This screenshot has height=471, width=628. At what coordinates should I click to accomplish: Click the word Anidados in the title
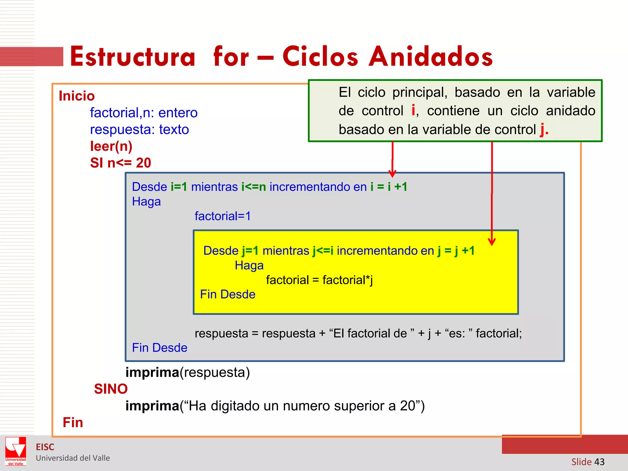point(431,57)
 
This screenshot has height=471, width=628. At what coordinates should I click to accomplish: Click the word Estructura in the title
point(132,57)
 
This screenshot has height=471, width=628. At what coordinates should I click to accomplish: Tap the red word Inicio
point(77,96)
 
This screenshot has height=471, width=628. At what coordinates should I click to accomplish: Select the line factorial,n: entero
point(144,113)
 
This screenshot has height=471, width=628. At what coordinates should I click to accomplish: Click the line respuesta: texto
point(139,129)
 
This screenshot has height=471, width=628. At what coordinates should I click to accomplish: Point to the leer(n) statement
point(111,146)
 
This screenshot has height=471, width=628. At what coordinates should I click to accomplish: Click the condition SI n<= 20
point(121,163)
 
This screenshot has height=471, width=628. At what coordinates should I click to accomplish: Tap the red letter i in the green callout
point(413,110)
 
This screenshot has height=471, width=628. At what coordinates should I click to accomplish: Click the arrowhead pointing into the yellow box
point(492,242)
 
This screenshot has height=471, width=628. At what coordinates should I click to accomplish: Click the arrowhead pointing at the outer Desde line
point(392,174)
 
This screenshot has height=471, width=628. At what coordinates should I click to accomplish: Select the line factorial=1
point(223,216)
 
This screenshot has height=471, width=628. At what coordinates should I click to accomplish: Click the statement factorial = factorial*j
point(319,280)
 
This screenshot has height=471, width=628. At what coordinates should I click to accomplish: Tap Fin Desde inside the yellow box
point(228,294)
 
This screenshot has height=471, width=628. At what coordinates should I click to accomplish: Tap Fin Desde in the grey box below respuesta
point(159,348)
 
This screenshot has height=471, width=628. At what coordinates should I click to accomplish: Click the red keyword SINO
point(111,389)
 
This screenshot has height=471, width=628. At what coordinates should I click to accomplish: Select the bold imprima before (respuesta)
point(152,373)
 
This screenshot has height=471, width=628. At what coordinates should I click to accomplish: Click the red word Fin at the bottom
point(73,423)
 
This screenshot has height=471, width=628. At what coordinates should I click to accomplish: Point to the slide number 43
point(599,462)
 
